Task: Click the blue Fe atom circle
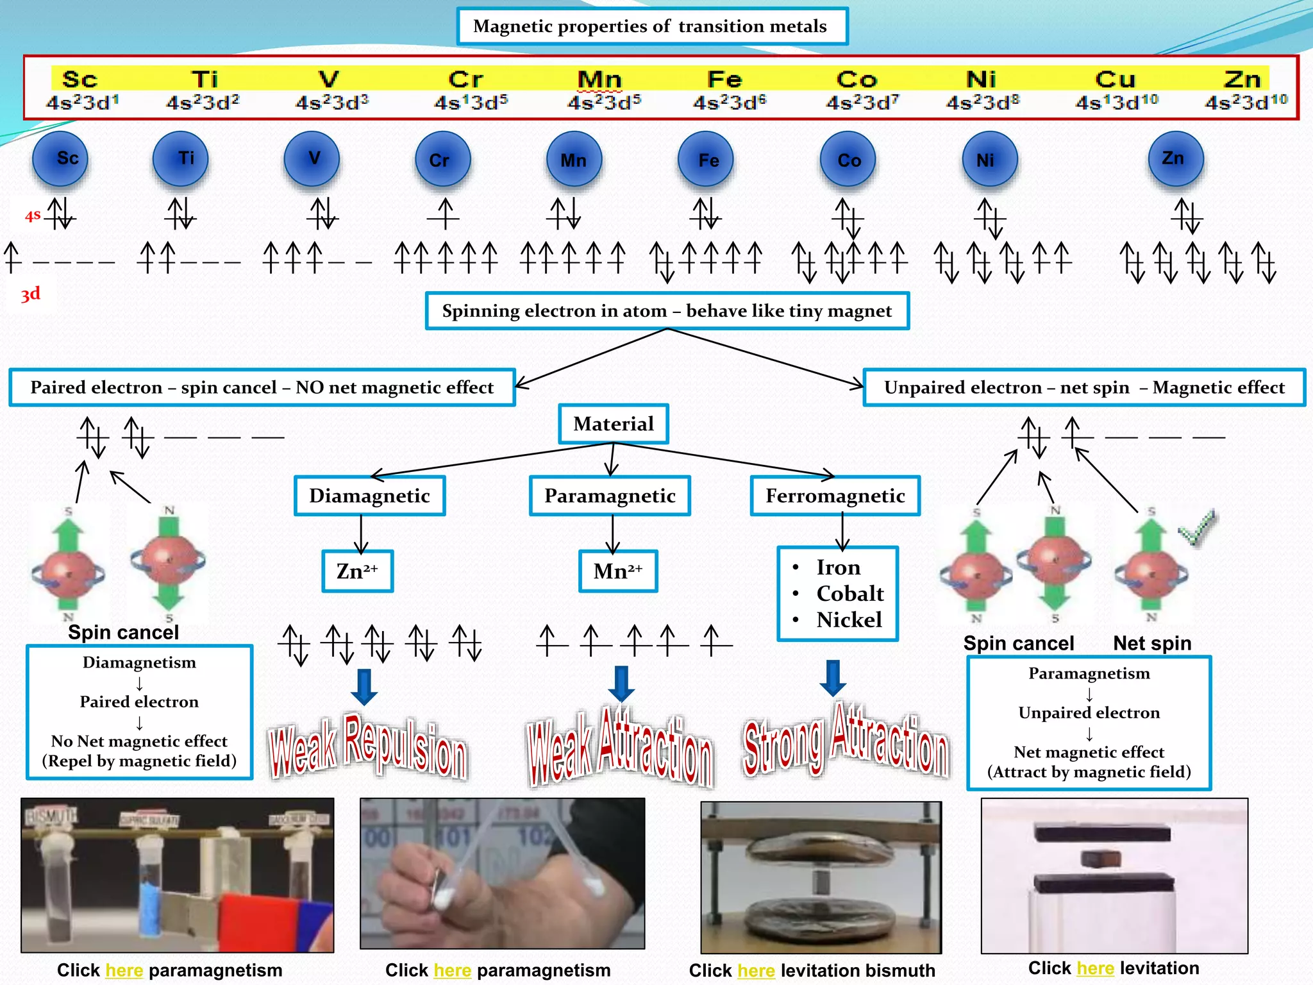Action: point(706,159)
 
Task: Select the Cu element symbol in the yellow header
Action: point(1115,80)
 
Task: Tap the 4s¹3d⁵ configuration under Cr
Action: point(471,103)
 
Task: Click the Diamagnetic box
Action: point(369,496)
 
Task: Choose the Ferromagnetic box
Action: point(835,496)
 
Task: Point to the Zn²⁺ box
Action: point(357,571)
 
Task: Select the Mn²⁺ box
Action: point(618,571)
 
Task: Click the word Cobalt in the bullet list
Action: point(849,594)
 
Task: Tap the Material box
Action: point(613,424)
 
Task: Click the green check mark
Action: point(1198,527)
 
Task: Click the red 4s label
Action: point(33,215)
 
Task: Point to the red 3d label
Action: point(30,294)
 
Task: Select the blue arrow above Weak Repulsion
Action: point(364,686)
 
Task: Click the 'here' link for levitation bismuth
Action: point(756,970)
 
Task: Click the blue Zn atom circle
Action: point(1175,159)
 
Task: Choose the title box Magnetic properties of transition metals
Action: point(652,26)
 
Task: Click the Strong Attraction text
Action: point(845,743)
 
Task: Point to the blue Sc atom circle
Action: point(60,159)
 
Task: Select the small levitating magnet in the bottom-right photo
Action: point(1101,858)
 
